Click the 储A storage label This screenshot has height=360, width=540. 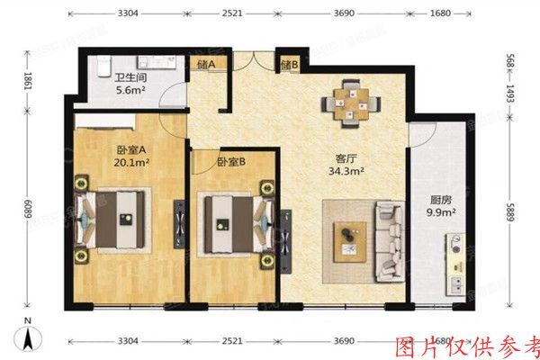pyautogui.click(x=205, y=65)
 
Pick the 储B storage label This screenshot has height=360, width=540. pyautogui.click(x=289, y=65)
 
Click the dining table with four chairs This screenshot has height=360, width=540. pyautogui.click(x=346, y=101)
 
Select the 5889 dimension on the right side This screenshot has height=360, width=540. pyautogui.click(x=519, y=217)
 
